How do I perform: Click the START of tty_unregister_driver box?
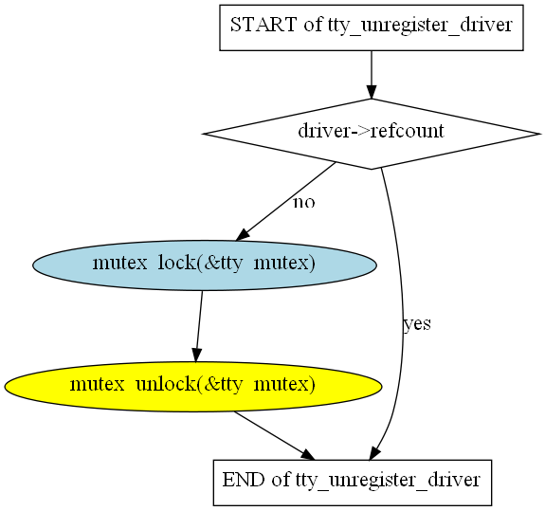coord(372,27)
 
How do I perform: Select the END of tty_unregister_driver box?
coord(353,483)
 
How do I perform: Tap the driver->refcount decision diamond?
coord(372,134)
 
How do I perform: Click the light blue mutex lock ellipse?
coord(205,265)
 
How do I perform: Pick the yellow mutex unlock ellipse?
coord(193,387)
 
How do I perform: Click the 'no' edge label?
coord(304,202)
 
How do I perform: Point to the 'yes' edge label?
coord(417,324)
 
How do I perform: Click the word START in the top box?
coord(263,25)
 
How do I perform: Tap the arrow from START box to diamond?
coord(372,75)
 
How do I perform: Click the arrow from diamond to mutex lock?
coord(285,201)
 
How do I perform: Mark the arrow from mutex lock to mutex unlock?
coord(199,326)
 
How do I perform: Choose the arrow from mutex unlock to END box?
coord(274,436)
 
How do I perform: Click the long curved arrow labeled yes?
coord(402,313)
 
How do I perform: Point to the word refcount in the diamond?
coord(407,131)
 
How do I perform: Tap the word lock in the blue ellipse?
coord(176,263)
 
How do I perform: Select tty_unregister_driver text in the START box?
coord(420,26)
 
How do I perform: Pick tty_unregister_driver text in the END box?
coord(388,481)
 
